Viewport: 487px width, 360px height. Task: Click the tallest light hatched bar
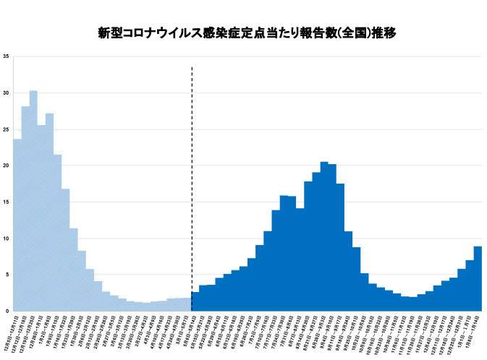(x=33, y=202)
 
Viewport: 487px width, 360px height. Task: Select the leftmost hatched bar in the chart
(x=17, y=224)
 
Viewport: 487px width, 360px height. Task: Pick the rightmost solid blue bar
(x=478, y=278)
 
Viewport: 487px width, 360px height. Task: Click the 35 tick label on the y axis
(x=6, y=56)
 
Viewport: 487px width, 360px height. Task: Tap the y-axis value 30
(x=6, y=93)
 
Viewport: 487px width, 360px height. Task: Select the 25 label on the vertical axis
(x=6, y=129)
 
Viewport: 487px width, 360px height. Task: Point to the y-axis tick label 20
(x=6, y=166)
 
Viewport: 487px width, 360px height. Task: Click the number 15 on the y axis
(x=6, y=202)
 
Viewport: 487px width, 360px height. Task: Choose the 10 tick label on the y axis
(x=6, y=239)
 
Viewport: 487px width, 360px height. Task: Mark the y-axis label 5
(x=7, y=275)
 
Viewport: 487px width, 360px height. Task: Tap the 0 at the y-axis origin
(x=7, y=312)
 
